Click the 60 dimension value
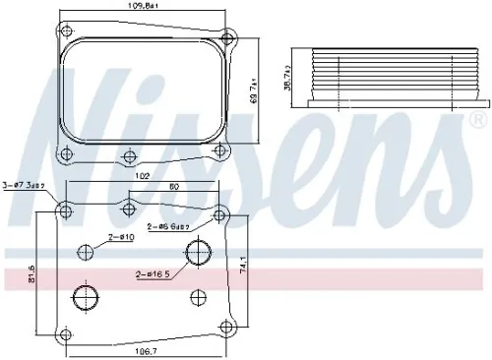[x=174, y=187]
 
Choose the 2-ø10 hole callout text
[x=122, y=237]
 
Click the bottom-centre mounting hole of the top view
[x=127, y=154]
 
